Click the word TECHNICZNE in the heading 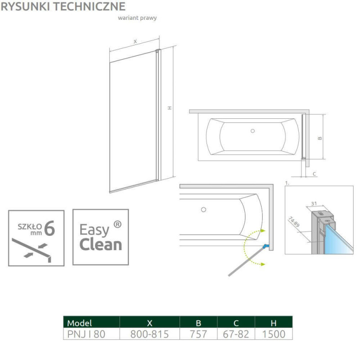pos(93,6)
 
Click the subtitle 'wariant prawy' pos(137,18)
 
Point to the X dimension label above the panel pos(135,41)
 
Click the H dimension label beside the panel pos(170,108)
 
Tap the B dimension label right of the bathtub pos(320,138)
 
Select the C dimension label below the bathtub pos(315,174)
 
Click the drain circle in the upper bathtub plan pos(252,131)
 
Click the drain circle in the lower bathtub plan pos(203,210)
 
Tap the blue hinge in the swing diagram pos(265,246)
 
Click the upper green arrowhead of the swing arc pos(263,231)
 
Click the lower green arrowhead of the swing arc pos(263,264)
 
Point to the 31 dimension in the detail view pos(314,203)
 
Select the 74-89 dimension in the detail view pos(294,221)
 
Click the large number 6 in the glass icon pos(49,228)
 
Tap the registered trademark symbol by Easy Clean pos(117,224)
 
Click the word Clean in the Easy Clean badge pos(101,245)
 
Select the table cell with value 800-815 pos(149,334)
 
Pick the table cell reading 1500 pos(274,334)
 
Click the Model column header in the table pos(80,323)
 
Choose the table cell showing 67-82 pos(236,334)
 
